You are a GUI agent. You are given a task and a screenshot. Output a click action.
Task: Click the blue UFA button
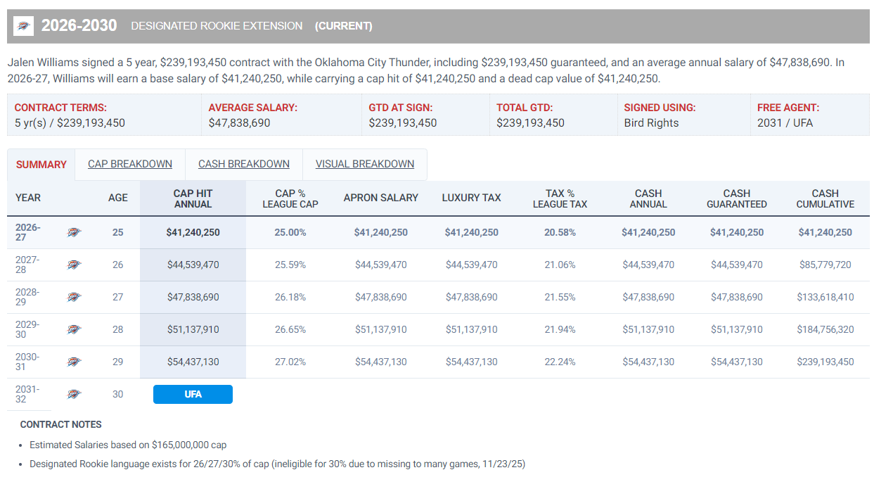pos(193,394)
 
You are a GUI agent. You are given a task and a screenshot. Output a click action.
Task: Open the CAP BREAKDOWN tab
pos(130,164)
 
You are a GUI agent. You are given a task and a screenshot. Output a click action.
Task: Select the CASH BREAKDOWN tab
pos(244,164)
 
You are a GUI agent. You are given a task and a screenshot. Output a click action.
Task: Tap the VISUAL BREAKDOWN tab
pos(365,164)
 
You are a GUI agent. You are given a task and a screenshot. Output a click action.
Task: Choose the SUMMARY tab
pos(41,165)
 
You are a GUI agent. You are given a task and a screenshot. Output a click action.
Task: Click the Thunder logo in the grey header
pos(23,26)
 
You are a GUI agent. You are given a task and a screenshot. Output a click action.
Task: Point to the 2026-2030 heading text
pos(79,26)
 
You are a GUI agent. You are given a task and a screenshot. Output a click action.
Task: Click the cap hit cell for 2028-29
pos(193,297)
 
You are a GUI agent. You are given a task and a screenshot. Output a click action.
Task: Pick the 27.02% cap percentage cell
pos(290,362)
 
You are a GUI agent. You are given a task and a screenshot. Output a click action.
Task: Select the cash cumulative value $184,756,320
pos(825,330)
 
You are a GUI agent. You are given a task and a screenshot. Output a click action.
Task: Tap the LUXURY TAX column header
pos(471,198)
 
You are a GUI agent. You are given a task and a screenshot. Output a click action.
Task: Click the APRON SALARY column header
pos(381,198)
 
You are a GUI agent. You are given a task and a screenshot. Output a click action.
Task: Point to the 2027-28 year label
pos(27,265)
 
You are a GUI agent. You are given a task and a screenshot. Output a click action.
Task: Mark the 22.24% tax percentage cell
pos(560,362)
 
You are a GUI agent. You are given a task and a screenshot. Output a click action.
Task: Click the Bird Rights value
pos(651,123)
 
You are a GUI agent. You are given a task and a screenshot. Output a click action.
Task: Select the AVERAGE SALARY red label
pos(253,108)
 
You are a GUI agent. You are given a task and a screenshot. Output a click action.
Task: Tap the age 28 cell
pos(118,330)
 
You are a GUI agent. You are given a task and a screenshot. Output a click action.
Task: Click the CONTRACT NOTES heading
pos(61,424)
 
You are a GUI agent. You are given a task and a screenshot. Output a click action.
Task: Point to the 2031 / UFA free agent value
pos(785,123)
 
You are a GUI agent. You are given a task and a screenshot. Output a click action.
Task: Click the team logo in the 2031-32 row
pos(74,394)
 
